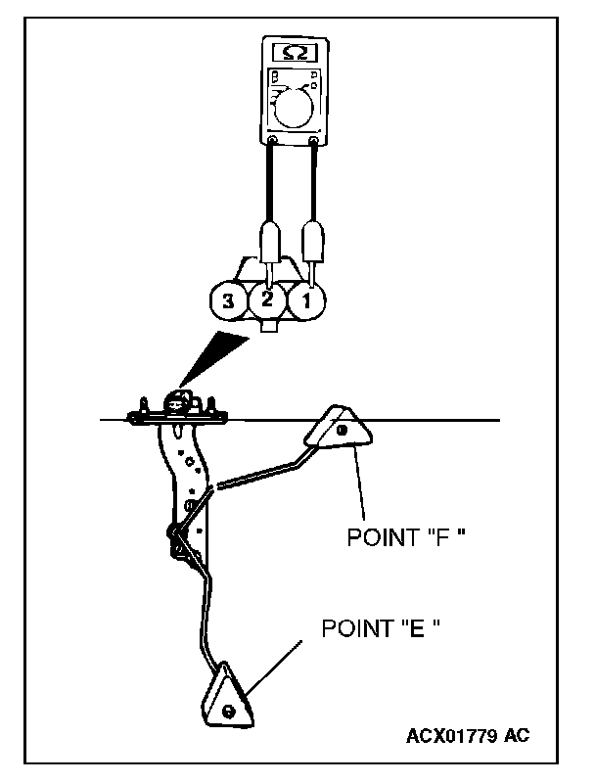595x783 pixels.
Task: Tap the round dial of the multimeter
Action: (x=293, y=107)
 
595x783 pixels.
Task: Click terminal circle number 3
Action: (x=228, y=302)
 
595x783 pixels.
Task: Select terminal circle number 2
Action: (x=267, y=301)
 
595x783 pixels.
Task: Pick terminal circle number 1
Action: (x=306, y=302)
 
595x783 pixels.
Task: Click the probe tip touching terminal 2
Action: (x=267, y=275)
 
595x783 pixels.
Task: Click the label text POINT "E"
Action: (x=380, y=627)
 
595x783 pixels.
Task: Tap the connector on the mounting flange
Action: (x=178, y=402)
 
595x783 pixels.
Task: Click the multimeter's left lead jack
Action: (x=271, y=143)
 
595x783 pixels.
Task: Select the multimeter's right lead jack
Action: (x=313, y=143)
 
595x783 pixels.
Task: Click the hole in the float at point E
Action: (x=228, y=709)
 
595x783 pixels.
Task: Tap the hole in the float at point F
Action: (x=342, y=429)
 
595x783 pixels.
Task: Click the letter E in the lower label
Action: (x=416, y=627)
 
